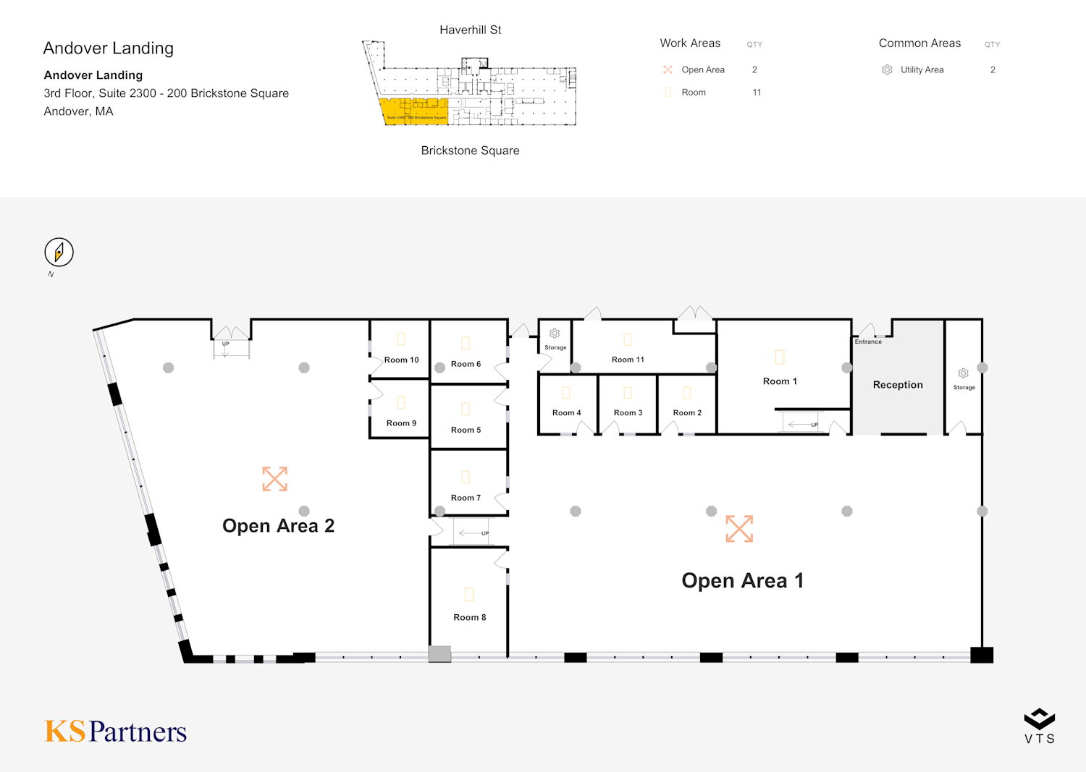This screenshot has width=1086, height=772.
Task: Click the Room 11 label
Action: [x=628, y=360]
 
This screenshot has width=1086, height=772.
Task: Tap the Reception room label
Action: [x=898, y=385]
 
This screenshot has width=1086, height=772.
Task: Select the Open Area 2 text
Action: [x=278, y=526]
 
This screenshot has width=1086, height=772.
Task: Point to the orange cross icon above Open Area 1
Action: [x=739, y=529]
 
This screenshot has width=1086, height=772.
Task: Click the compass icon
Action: [x=59, y=252]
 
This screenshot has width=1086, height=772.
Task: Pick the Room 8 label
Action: [x=469, y=617]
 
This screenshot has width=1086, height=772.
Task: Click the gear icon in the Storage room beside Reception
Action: [x=963, y=373]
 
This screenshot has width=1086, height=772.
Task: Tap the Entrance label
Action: [x=868, y=342]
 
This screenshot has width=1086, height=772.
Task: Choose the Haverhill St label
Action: [x=470, y=30]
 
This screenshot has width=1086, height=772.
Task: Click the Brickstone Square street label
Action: [x=470, y=150]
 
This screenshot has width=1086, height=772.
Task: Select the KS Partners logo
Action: [x=116, y=731]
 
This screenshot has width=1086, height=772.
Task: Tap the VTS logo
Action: [x=1039, y=726]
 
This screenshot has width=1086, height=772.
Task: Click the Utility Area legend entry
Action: [x=922, y=70]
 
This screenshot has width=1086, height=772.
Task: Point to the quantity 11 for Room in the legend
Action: [x=757, y=93]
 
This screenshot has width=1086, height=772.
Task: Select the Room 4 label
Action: [x=566, y=413]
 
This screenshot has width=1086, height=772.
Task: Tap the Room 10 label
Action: [x=401, y=360]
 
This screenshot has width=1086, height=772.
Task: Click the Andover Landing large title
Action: [x=109, y=48]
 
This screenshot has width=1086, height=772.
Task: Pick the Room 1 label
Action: [x=780, y=381]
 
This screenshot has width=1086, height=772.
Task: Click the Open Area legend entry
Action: [x=702, y=70]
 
